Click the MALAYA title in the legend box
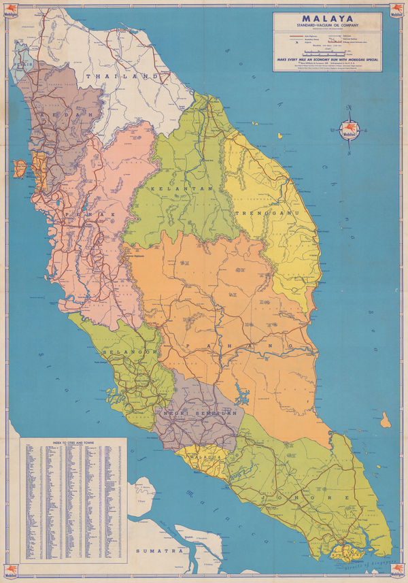(327, 19)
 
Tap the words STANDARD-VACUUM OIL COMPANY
(327, 28)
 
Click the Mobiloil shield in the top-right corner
(396, 10)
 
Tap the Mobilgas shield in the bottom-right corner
(396, 572)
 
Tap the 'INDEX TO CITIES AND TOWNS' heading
(75, 443)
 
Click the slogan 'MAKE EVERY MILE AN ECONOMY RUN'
(327, 59)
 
